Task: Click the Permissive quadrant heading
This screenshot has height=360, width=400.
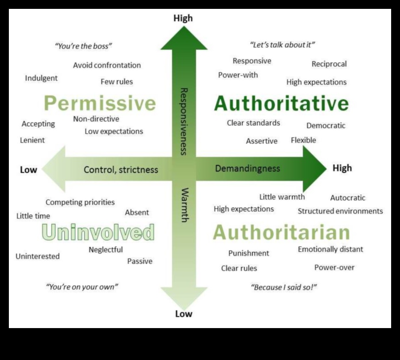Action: (x=100, y=104)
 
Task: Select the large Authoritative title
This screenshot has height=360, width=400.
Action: (x=281, y=104)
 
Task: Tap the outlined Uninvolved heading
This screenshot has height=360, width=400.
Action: (x=98, y=232)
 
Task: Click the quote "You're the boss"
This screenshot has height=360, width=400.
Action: (x=83, y=46)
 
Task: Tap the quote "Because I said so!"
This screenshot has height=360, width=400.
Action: (x=284, y=287)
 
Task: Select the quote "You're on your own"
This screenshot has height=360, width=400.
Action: (x=82, y=287)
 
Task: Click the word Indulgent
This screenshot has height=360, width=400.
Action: (x=41, y=78)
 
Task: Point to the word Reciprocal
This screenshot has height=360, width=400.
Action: (x=329, y=64)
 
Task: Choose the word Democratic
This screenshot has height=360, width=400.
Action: (x=325, y=125)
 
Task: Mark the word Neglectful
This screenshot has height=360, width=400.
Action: (x=106, y=250)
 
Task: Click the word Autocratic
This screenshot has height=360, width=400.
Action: (x=348, y=198)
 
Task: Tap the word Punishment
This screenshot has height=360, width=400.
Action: (x=248, y=253)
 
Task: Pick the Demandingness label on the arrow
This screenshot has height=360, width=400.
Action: (x=247, y=168)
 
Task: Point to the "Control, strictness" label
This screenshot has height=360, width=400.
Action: (x=121, y=169)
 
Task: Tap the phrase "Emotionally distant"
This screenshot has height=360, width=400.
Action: (x=330, y=249)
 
